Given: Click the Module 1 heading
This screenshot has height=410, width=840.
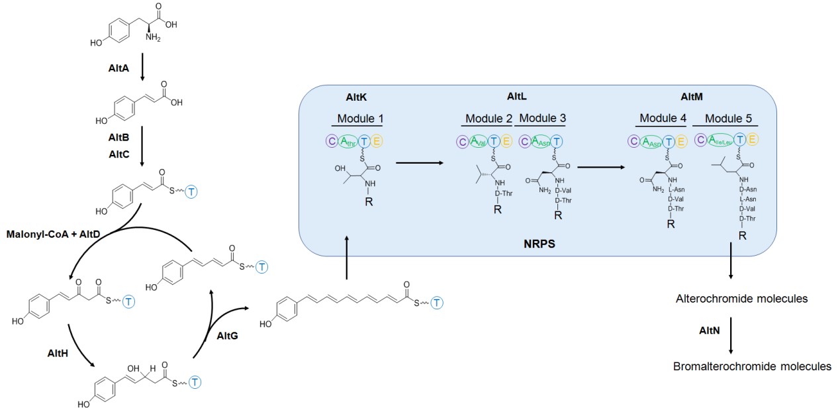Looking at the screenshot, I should coord(359,119).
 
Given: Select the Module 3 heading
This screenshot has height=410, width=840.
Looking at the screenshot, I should coord(539,119).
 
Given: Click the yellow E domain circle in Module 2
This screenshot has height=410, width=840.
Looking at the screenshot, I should coord(506,141).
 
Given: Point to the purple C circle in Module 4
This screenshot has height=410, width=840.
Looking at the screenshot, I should coord(633,141).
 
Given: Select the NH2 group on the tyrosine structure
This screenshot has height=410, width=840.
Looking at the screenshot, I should coord(153,37).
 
